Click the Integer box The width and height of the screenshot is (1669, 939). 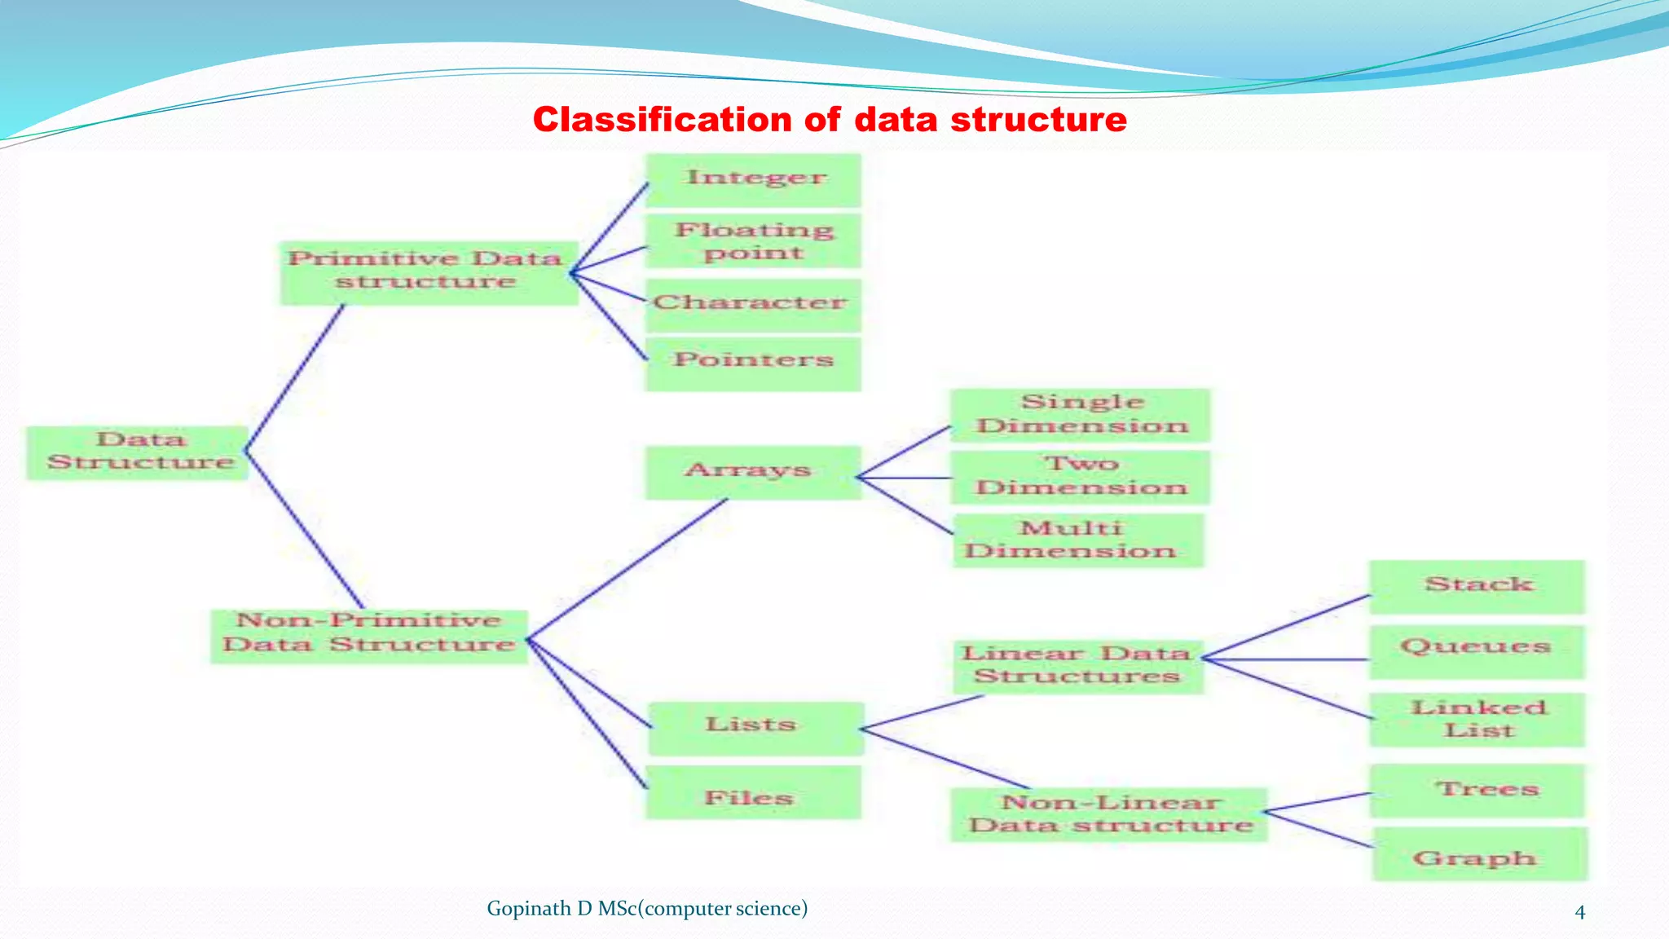754,179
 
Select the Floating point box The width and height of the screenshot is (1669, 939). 754,241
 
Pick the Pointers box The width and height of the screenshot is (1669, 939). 754,362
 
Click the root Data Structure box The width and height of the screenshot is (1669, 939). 139,452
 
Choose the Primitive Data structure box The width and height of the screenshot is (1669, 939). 428,272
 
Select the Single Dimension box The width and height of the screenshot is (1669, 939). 1081,415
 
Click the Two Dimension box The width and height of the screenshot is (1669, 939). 1081,477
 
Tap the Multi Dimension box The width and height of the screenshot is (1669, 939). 1077,540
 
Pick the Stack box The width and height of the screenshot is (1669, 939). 1477,586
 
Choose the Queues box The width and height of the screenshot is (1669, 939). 1477,650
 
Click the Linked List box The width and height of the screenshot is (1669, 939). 1477,719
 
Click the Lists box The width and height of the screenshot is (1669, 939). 755,727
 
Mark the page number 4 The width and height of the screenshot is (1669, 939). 1579,912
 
